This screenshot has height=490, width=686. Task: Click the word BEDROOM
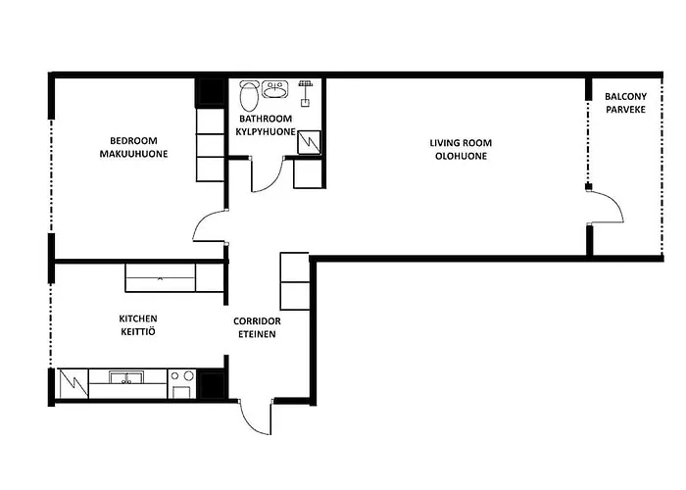tap(133, 141)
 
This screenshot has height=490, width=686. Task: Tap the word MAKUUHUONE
tap(133, 154)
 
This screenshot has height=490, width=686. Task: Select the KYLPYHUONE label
tap(266, 131)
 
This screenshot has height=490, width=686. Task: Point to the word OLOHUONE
tap(461, 156)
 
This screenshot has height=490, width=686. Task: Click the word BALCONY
tap(625, 96)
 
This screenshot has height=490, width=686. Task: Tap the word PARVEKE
tap(625, 110)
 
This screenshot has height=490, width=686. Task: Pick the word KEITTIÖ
tap(138, 331)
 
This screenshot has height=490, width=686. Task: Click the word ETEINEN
tap(257, 334)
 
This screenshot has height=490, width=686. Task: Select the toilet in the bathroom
tap(249, 95)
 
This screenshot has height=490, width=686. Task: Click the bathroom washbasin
tap(275, 89)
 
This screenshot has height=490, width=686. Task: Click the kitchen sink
tap(126, 377)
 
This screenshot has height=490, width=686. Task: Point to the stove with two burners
tap(182, 384)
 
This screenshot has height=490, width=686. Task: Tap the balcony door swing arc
tap(616, 202)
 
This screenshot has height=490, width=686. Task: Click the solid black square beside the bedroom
tap(211, 92)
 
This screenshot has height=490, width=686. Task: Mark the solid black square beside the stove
tap(213, 384)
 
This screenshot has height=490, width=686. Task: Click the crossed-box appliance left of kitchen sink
tap(73, 384)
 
